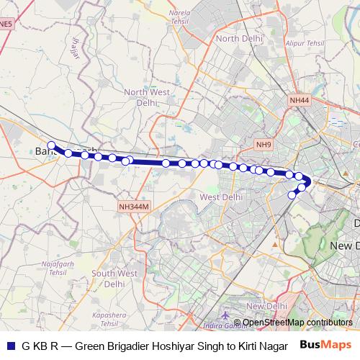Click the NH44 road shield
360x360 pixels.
(299, 100)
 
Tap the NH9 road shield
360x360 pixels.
(265, 145)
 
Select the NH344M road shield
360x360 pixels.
(135, 207)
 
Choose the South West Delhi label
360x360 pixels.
(114, 278)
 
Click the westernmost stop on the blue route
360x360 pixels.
(51, 145)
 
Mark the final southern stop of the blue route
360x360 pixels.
(292, 194)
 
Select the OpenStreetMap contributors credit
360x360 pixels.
(297, 323)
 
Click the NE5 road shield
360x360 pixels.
(5, 24)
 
